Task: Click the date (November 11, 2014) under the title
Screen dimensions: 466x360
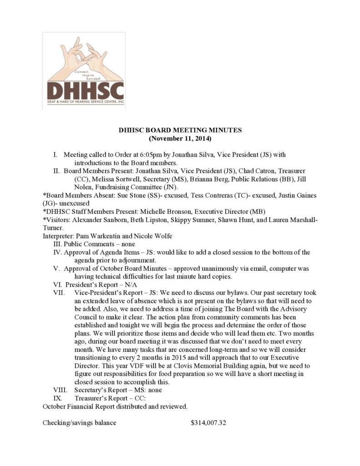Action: pyautogui.click(x=180, y=138)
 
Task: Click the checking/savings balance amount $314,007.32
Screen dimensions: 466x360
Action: pyautogui.click(x=208, y=423)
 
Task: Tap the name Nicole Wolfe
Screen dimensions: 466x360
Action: pyautogui.click(x=150, y=236)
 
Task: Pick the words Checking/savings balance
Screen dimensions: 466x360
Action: pyautogui.click(x=79, y=423)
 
